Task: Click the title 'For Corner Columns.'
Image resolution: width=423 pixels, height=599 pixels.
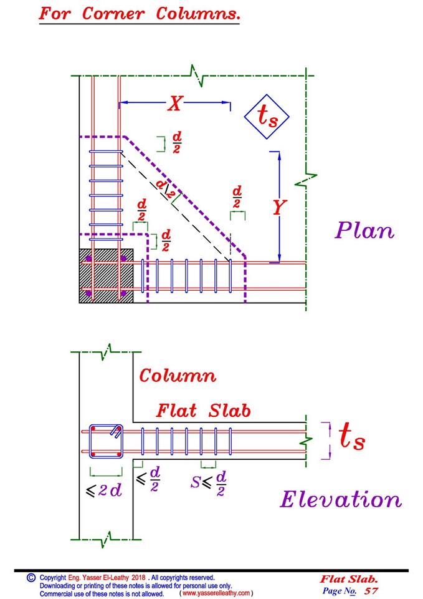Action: [x=139, y=14]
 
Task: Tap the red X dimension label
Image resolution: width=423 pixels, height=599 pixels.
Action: [x=175, y=103]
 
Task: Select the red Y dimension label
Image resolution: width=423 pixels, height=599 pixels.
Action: [x=279, y=208]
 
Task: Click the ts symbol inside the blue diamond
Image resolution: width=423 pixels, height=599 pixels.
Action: [x=267, y=116]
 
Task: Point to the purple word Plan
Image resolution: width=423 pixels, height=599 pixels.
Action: [x=364, y=231]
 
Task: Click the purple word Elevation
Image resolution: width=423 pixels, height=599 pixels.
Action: [x=341, y=499]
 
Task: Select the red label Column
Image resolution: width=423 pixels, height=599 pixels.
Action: [x=178, y=376]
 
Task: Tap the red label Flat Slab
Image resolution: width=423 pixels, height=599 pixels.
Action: [x=203, y=411]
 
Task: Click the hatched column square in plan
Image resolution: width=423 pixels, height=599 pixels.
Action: [x=106, y=276]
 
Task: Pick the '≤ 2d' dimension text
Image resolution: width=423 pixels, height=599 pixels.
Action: [x=104, y=490]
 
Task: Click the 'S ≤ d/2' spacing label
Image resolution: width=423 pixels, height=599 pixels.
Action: [x=208, y=483]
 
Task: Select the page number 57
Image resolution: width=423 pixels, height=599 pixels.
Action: [x=371, y=591]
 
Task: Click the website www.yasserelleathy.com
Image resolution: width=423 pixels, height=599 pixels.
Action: [x=216, y=593]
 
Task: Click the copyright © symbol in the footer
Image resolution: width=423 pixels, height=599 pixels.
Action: [x=31, y=578]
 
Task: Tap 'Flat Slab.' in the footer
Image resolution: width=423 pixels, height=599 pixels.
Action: [x=349, y=580]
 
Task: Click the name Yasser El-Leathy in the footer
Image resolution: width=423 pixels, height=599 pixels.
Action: [x=106, y=578]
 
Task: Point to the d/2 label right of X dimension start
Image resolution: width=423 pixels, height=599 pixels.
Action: [x=176, y=142]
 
